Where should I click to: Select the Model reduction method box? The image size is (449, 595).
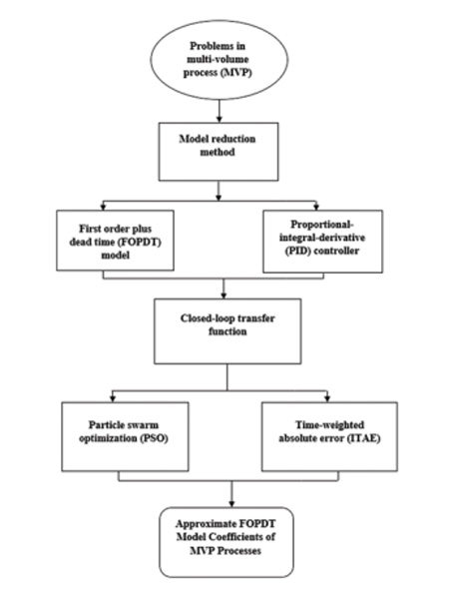219,152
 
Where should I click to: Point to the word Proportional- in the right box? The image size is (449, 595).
322,225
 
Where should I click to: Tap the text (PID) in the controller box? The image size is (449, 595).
297,251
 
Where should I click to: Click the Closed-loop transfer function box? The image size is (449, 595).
227,331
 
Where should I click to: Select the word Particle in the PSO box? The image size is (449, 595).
106,425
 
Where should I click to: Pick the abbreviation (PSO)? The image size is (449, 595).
155,438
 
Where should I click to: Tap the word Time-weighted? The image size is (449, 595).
329,425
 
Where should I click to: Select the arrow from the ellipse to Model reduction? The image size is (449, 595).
219,111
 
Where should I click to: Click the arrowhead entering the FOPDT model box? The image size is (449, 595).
103,208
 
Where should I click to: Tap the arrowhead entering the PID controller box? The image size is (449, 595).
316,208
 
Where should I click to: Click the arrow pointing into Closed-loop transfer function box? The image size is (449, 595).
224,289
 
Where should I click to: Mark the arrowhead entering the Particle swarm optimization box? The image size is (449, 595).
113,399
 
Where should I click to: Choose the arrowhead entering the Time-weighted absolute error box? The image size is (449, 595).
327,399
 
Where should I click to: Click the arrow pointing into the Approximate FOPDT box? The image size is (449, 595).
231,494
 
